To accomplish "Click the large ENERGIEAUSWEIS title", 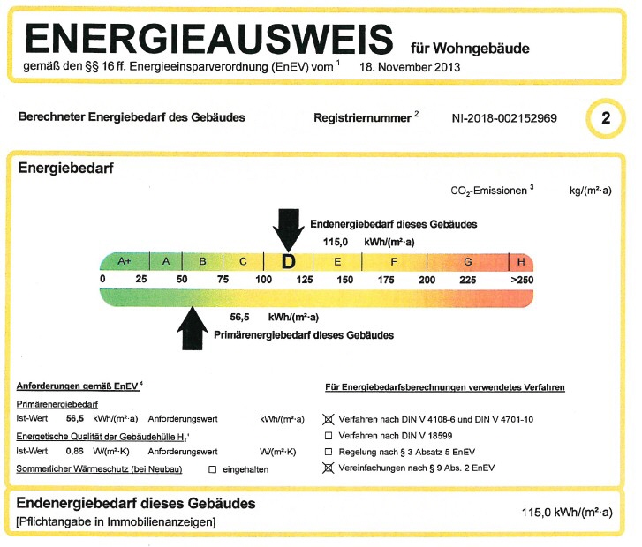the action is click(208, 39).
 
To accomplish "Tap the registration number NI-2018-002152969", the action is click(504, 118).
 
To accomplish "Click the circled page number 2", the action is click(606, 118).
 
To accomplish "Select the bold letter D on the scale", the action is click(289, 261).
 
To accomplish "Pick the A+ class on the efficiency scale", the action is click(125, 261).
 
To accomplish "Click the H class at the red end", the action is click(521, 262).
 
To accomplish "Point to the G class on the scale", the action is click(467, 262).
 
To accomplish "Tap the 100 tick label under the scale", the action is click(264, 280).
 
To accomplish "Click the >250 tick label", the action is click(522, 281).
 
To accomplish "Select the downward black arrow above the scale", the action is click(289, 230).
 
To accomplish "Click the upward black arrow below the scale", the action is click(193, 328).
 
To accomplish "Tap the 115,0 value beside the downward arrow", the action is click(336, 243).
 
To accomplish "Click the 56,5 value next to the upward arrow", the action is click(239, 318).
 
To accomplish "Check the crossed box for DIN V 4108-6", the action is click(328, 419).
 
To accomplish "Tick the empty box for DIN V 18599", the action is click(328, 436).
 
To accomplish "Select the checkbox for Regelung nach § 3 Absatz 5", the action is click(328, 452).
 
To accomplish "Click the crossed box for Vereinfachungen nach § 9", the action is click(328, 468).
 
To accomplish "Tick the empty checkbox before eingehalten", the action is click(212, 469).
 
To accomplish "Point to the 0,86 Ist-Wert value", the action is click(74, 452).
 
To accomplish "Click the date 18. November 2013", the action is click(410, 68).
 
